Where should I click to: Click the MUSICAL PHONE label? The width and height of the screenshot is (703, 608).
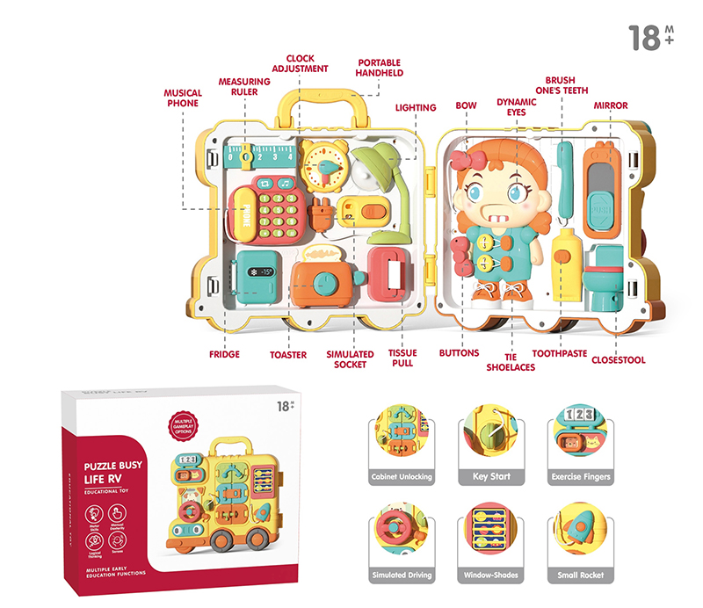pyautogui.click(x=183, y=98)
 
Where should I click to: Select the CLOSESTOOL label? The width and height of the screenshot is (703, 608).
pyautogui.click(x=618, y=359)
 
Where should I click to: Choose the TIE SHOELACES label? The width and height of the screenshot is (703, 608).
pyautogui.click(x=511, y=361)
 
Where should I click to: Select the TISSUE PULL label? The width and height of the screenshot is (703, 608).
pyautogui.click(x=402, y=358)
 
